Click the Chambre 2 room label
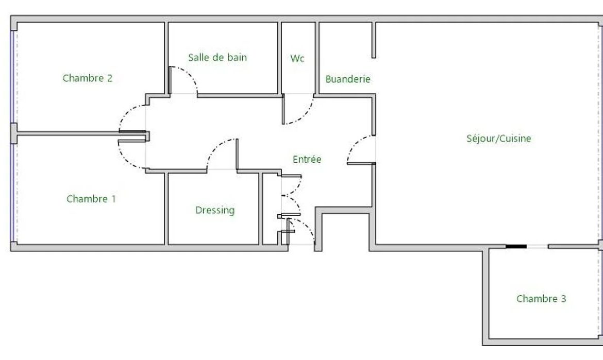(87, 78)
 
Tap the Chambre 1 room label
(91, 199)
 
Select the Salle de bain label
(217, 57)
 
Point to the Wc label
(297, 58)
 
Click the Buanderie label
(348, 79)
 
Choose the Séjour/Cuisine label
(498, 139)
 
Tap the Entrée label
(307, 159)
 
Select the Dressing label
(215, 210)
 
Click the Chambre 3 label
(541, 299)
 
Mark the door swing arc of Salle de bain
(190, 73)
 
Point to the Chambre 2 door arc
(126, 113)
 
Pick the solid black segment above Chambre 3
(516, 246)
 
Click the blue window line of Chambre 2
(12, 77)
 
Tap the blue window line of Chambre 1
(12, 193)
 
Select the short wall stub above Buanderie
(374, 40)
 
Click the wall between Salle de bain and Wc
(279, 58)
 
